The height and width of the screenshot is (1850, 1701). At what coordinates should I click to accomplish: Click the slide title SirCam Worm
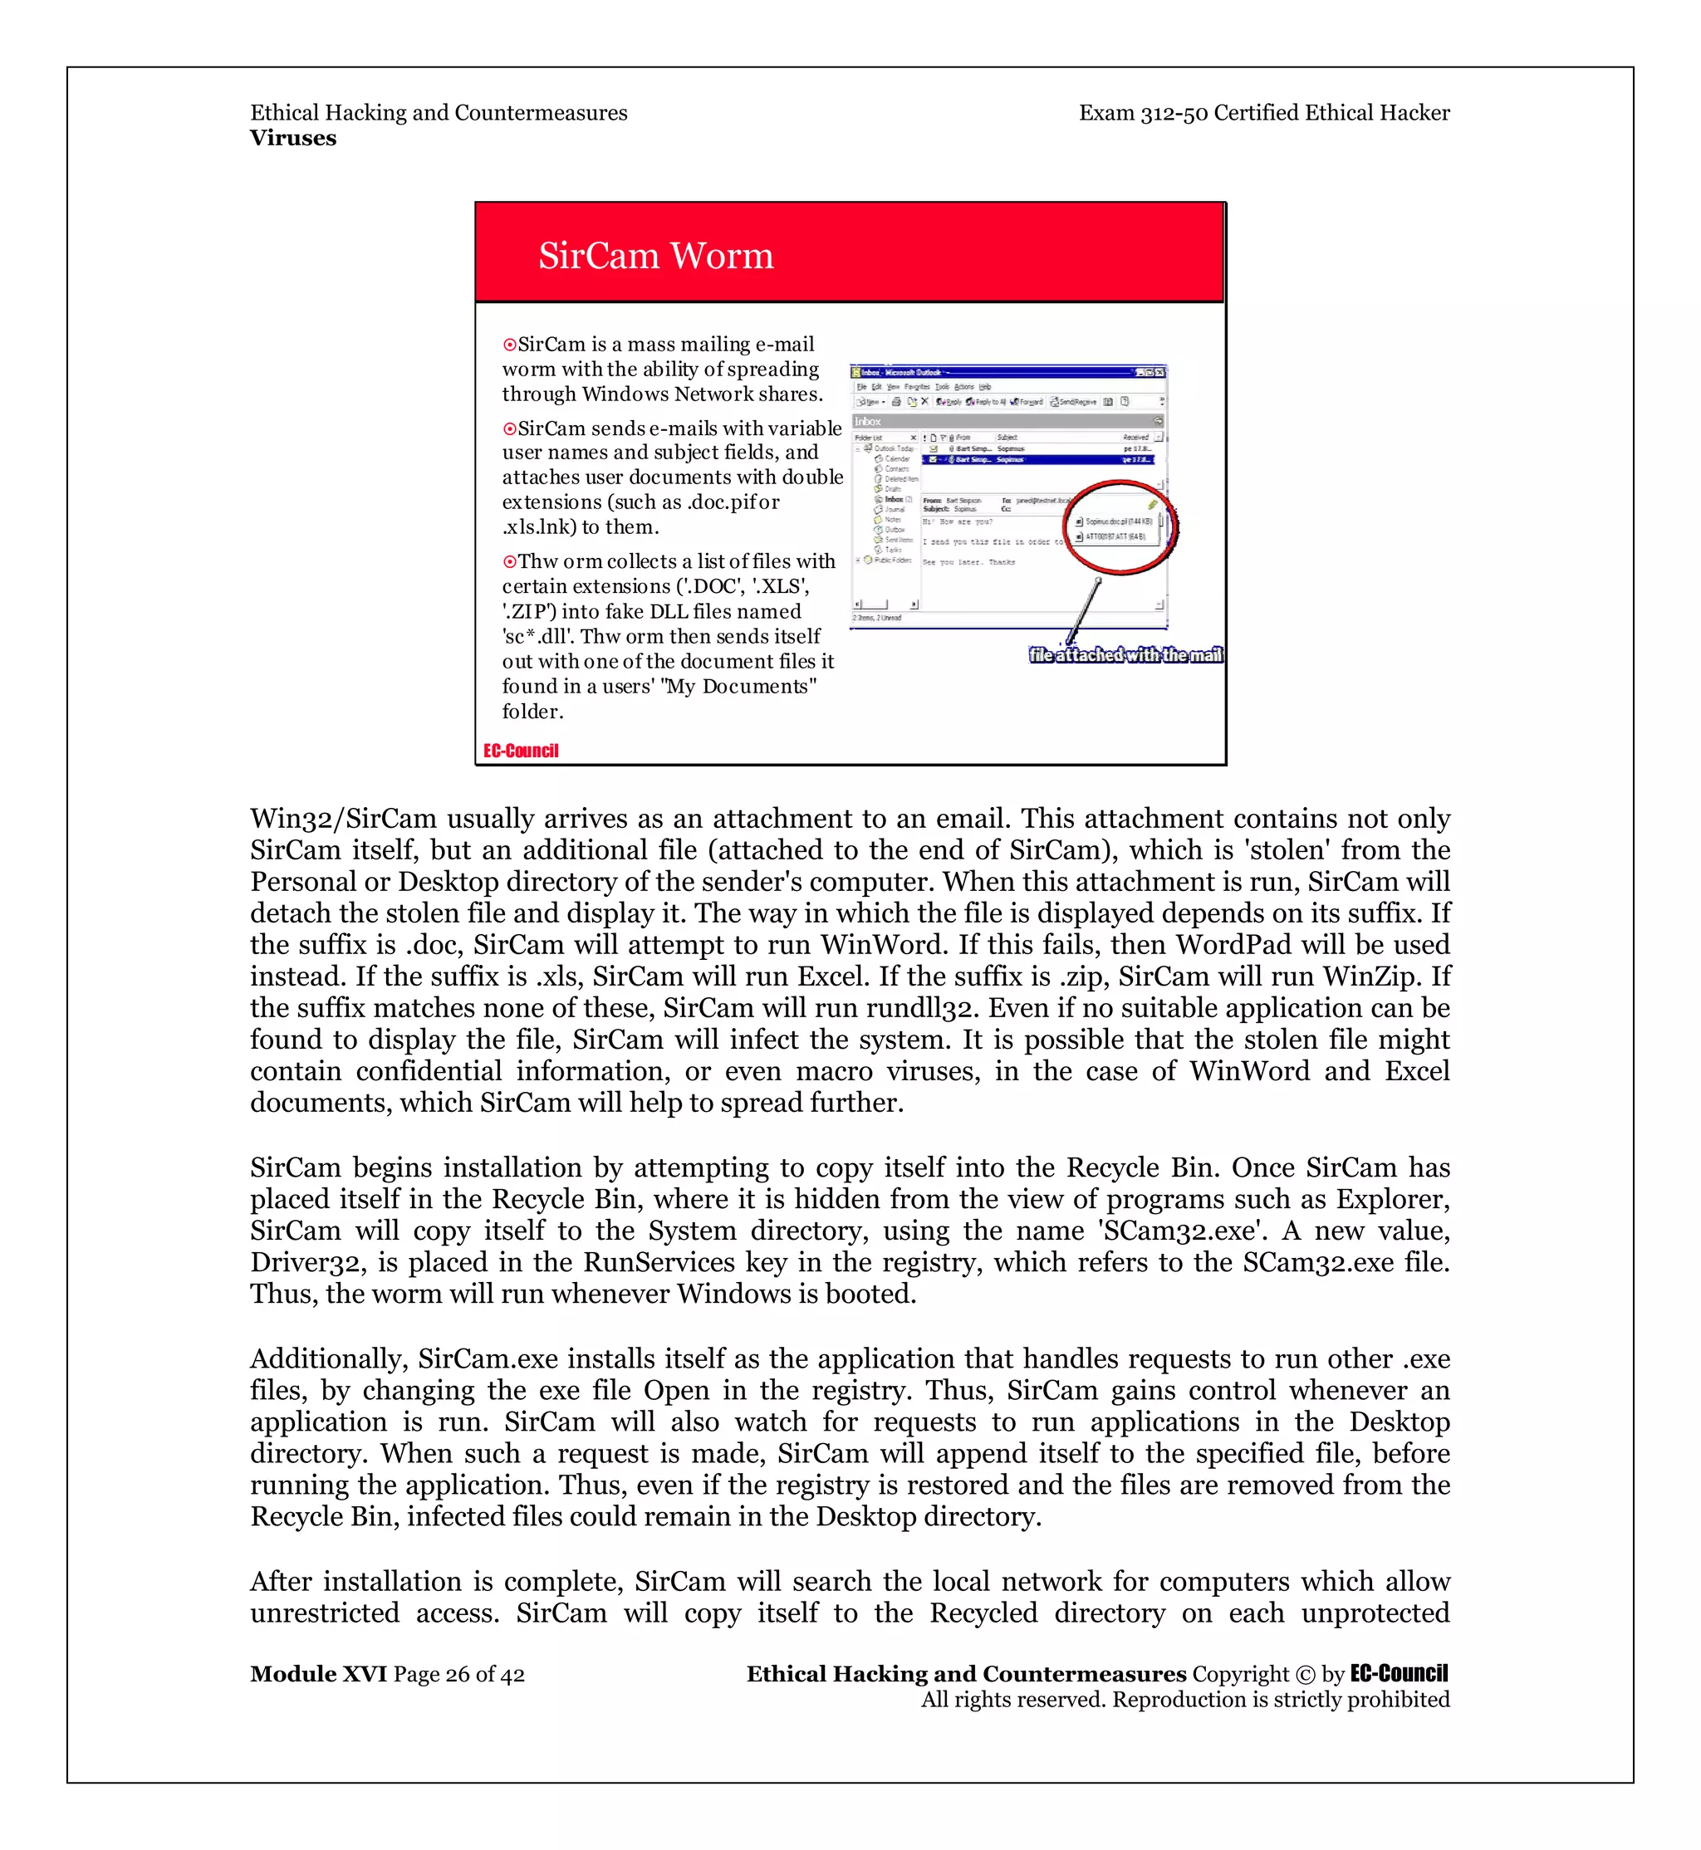click(x=655, y=256)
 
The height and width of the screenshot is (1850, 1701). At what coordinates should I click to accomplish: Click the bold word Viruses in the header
click(x=292, y=138)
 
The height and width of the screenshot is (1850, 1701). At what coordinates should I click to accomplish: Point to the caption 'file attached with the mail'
click(x=1125, y=654)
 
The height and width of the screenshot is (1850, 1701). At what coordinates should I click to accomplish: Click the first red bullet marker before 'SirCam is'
click(x=509, y=345)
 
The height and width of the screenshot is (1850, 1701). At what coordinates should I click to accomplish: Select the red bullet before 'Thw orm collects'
click(x=509, y=562)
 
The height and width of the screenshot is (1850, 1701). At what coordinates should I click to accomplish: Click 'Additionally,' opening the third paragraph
click(x=330, y=1358)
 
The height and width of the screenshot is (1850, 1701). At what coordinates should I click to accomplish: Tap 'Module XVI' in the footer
click(x=317, y=1673)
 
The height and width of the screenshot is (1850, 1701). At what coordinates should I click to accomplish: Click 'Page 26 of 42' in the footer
click(x=459, y=1674)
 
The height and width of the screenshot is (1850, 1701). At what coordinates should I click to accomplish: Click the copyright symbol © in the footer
click(x=1304, y=1674)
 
